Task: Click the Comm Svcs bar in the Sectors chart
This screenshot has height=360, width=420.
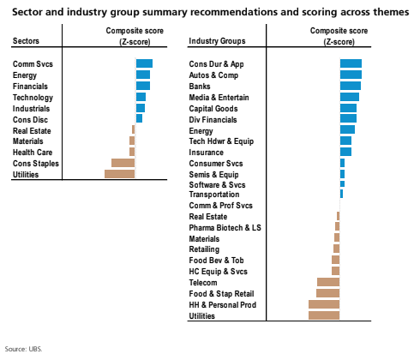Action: [144, 63]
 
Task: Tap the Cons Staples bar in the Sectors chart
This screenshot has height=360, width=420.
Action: [123, 163]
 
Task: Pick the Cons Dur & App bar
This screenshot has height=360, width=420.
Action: [351, 63]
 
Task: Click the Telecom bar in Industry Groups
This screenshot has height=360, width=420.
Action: [328, 282]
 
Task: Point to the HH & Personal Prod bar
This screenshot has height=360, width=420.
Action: [324, 304]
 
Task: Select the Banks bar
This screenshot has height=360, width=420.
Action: [350, 86]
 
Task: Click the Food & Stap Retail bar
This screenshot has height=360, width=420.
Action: [328, 293]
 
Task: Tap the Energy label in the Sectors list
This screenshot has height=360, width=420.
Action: [25, 75]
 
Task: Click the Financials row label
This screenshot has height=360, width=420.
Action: [30, 87]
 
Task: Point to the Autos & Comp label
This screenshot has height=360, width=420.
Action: [215, 75]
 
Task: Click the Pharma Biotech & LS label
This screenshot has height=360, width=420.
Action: [225, 228]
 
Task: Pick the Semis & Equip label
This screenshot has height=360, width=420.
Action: [213, 174]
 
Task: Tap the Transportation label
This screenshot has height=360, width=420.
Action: [215, 195]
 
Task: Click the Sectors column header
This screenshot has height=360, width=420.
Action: [27, 41]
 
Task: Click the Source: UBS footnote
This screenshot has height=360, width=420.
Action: [23, 350]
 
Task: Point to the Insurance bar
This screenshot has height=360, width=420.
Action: [345, 152]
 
